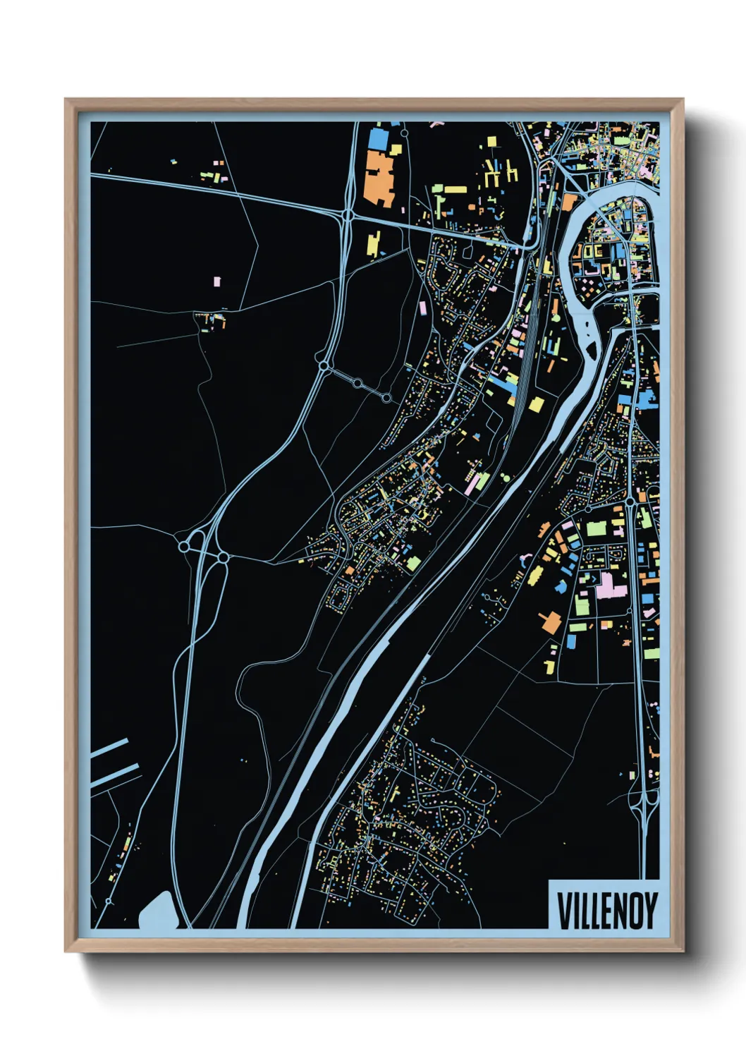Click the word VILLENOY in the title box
606,911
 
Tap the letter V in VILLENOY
564,911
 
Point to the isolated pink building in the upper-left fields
216,282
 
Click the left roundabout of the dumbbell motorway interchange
185,546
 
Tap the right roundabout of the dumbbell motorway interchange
223,557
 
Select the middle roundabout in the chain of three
357,384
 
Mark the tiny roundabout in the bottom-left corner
108,902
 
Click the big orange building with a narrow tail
550,622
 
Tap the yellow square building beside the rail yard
537,404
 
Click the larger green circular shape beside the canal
505,478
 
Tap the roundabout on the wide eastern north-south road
629,502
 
